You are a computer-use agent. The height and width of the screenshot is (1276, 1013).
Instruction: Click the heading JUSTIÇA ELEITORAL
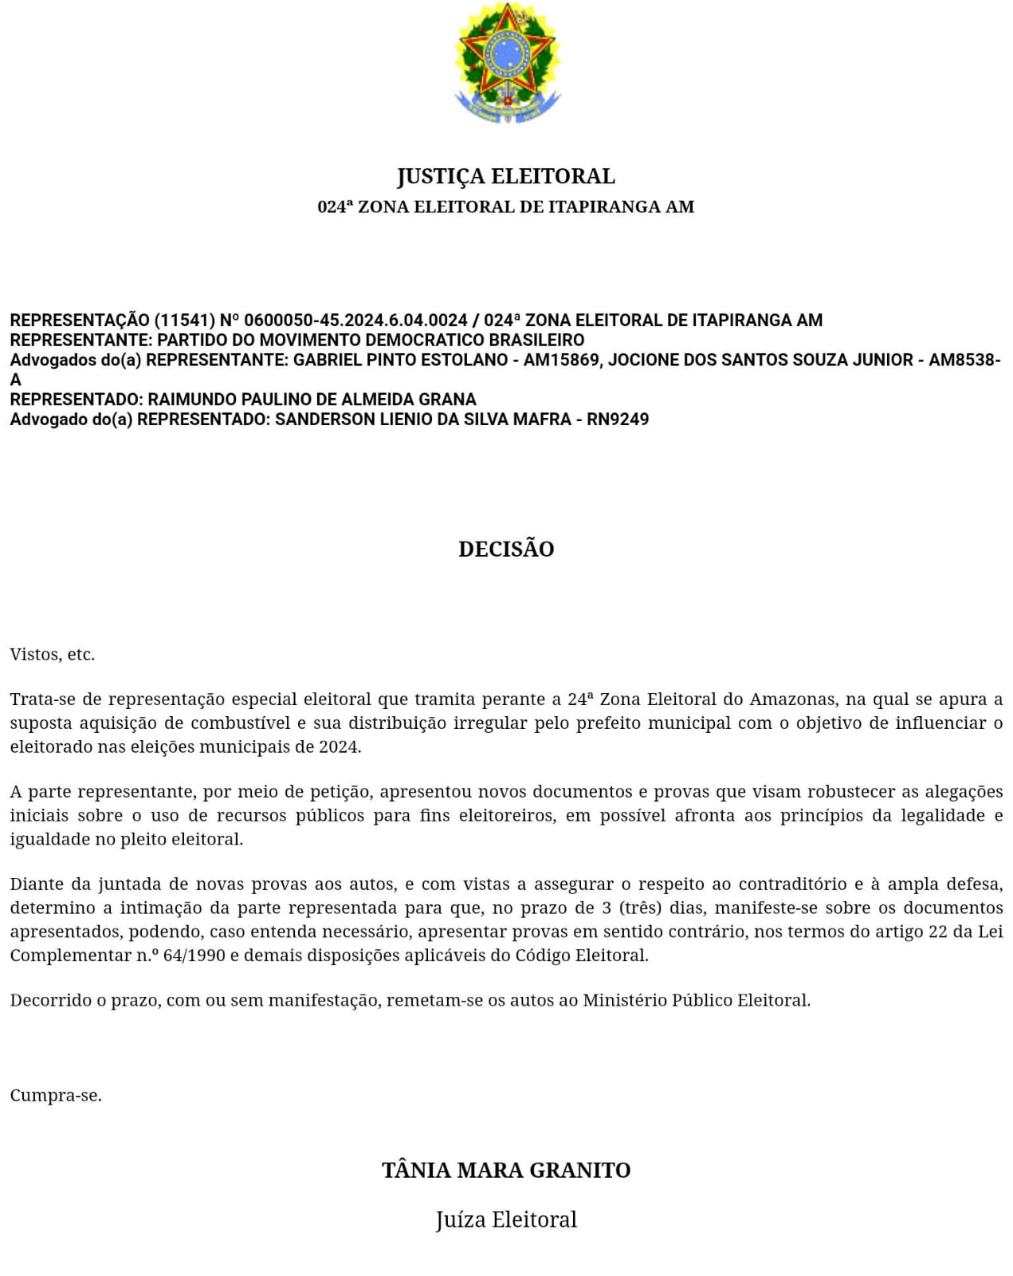pos(506,176)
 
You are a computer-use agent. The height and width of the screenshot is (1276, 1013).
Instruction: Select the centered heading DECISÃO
pos(506,549)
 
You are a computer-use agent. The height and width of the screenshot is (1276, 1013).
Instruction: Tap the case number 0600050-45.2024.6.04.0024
pos(355,321)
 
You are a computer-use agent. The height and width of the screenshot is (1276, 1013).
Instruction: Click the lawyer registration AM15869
pos(560,360)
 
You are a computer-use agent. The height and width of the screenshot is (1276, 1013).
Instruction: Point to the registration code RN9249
pos(618,419)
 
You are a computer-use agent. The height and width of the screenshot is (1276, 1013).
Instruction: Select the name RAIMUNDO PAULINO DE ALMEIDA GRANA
pos(312,400)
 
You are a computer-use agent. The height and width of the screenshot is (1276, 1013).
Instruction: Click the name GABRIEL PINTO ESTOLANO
pos(401,360)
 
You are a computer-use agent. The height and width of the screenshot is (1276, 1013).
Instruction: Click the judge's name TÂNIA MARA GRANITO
pos(506,1170)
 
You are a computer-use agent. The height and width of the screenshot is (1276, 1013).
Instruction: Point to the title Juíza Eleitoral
pos(506,1219)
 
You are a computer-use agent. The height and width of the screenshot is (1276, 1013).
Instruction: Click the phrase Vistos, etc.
pos(53,655)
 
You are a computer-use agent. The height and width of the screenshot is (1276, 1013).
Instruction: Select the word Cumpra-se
pos(56,1096)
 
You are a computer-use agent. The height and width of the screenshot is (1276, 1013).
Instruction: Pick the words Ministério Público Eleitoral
pos(696,1000)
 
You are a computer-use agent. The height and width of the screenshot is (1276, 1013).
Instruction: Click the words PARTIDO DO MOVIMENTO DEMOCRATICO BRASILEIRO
pos(371,341)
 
